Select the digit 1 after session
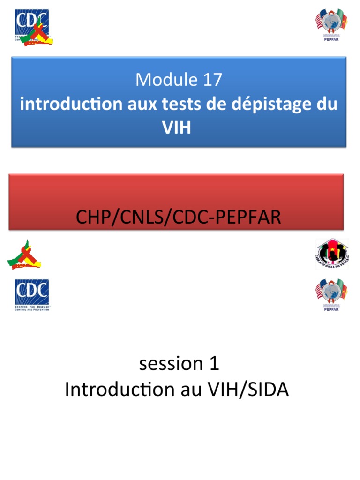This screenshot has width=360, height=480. click(214, 364)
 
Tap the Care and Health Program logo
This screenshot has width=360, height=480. click(331, 254)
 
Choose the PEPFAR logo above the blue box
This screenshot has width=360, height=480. click(331, 26)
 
